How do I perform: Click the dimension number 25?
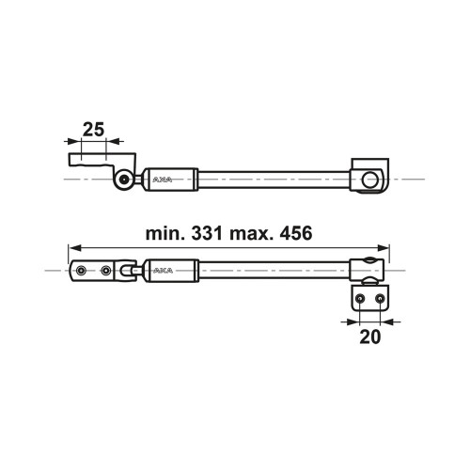93,130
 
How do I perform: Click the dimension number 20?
369,337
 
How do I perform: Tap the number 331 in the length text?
207,233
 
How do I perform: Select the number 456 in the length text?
296,233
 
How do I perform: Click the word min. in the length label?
166,233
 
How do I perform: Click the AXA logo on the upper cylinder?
163,180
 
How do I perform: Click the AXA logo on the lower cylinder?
164,271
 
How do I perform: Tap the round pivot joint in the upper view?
124,180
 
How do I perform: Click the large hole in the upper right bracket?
369,180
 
